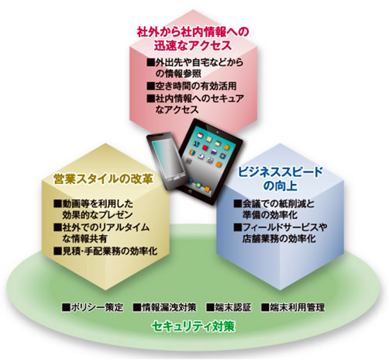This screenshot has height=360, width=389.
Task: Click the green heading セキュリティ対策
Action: [x=194, y=327]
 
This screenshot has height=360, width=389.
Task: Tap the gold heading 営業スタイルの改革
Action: [x=103, y=179]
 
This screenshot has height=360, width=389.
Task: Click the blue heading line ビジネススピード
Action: [x=281, y=172]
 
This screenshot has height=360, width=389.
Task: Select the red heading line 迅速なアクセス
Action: [x=193, y=46]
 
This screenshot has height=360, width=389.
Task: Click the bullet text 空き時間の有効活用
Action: [x=195, y=86]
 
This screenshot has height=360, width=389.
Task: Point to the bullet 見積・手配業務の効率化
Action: [x=110, y=251]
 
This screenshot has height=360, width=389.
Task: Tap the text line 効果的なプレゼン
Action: [x=98, y=215]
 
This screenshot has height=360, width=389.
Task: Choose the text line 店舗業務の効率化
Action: [x=279, y=238]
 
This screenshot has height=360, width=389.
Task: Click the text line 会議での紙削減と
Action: [x=278, y=204]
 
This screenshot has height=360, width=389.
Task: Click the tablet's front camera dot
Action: [x=218, y=132]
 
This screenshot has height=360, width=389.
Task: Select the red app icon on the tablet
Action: [x=205, y=147]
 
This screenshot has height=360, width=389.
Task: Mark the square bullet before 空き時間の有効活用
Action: [x=150, y=86]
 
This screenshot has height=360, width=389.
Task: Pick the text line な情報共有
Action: [x=84, y=238]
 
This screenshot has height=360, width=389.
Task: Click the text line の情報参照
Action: [x=178, y=74]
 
